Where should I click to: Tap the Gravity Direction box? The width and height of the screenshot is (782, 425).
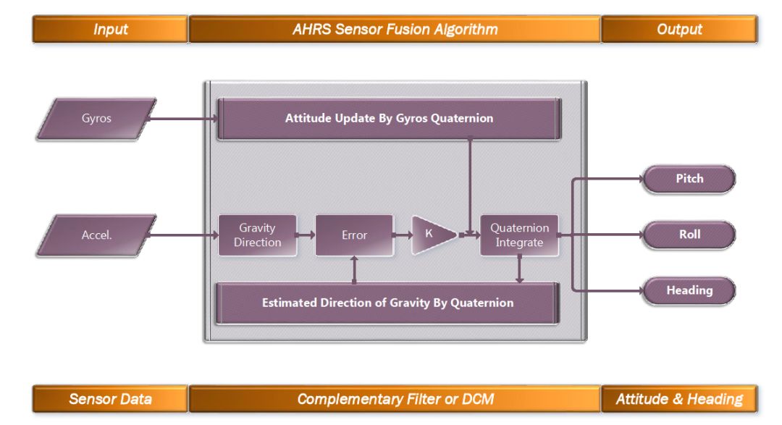(x=258, y=235)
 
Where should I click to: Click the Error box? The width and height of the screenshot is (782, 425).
(x=354, y=235)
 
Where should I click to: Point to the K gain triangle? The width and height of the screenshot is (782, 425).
(x=430, y=235)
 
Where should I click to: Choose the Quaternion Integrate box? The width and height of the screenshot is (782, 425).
(x=519, y=235)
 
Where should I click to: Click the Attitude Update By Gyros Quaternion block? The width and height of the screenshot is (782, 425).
(x=389, y=118)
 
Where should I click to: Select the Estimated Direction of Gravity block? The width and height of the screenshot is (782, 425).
(x=387, y=303)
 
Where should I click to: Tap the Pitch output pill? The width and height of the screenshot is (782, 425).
(x=689, y=178)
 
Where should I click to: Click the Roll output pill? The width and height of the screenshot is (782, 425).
(x=689, y=235)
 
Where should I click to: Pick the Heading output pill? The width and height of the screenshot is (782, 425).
(x=689, y=290)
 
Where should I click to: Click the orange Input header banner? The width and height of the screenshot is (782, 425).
(x=110, y=30)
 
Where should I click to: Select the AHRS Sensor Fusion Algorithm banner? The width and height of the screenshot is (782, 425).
(x=395, y=30)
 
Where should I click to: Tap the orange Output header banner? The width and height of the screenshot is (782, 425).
(x=679, y=30)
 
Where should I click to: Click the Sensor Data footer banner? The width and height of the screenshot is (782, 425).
(x=110, y=399)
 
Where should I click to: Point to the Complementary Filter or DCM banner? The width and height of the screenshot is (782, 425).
(x=395, y=399)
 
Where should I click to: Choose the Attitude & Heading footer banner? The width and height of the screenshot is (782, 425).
(x=679, y=399)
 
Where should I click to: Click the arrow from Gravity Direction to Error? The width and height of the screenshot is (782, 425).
(x=306, y=235)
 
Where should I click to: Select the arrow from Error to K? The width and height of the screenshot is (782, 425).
(x=403, y=235)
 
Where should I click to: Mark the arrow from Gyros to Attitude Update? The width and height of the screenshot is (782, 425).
(x=185, y=119)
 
